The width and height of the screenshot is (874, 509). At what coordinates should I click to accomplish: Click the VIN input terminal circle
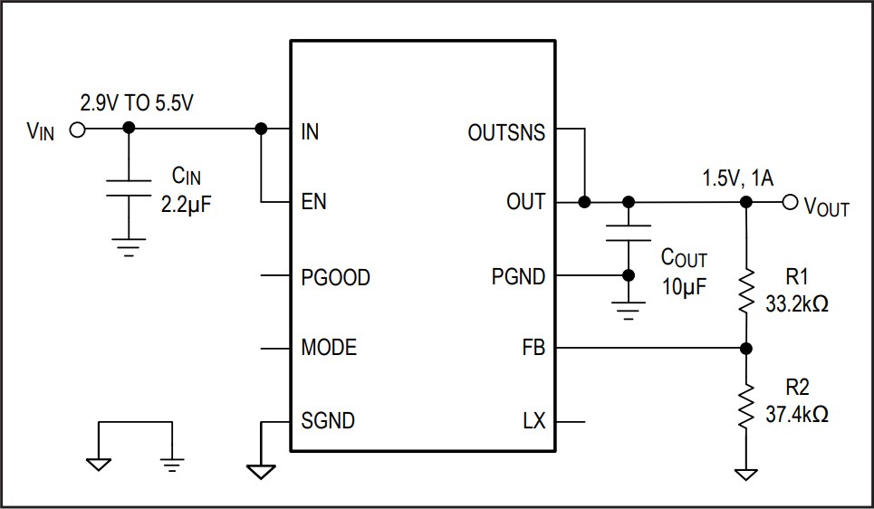point(77,130)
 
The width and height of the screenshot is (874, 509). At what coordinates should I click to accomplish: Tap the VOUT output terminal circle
point(789,202)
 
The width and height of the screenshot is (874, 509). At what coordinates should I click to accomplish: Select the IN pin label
point(310,132)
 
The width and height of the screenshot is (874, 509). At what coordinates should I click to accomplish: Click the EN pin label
point(313,202)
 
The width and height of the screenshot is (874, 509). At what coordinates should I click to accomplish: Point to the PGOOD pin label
point(335,277)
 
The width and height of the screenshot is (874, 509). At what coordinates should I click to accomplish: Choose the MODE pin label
point(329,348)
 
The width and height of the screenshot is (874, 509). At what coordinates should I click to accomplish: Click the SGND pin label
point(328,421)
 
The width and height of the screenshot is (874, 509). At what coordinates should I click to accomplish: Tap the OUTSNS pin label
point(506,132)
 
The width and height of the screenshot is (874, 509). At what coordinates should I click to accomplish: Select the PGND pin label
point(518,277)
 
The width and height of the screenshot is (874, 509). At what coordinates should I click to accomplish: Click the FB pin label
point(533,348)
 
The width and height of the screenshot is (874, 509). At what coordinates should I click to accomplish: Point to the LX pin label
point(533,421)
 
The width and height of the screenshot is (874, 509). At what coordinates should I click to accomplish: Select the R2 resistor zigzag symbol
point(746,406)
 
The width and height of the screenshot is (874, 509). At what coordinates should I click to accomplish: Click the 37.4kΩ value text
point(796,415)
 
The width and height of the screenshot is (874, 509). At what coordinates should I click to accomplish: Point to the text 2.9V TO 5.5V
point(137,103)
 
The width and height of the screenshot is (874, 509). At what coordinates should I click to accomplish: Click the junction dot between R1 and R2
point(746,348)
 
